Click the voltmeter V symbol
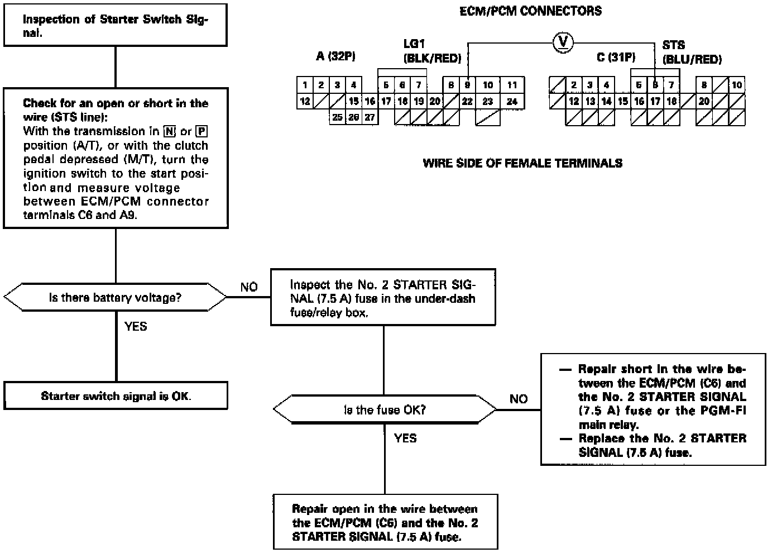[563, 42]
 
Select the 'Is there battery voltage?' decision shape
[115, 298]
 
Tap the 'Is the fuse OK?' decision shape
[385, 410]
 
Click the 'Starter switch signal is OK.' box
[116, 396]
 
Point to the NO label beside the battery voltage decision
[249, 287]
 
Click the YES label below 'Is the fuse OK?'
[405, 438]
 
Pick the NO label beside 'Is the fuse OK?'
[519, 399]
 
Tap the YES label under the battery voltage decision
[136, 326]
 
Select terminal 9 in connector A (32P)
[467, 85]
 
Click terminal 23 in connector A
[488, 102]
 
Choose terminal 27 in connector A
[370, 117]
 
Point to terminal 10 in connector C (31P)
[737, 85]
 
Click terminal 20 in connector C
[704, 102]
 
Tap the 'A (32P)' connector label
[335, 56]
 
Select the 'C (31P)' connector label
[616, 57]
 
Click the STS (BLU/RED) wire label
[692, 53]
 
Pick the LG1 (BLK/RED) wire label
[431, 51]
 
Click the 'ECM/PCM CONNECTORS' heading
[530, 11]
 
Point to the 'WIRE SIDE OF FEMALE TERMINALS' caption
[522, 163]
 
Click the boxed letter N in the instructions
[170, 132]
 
